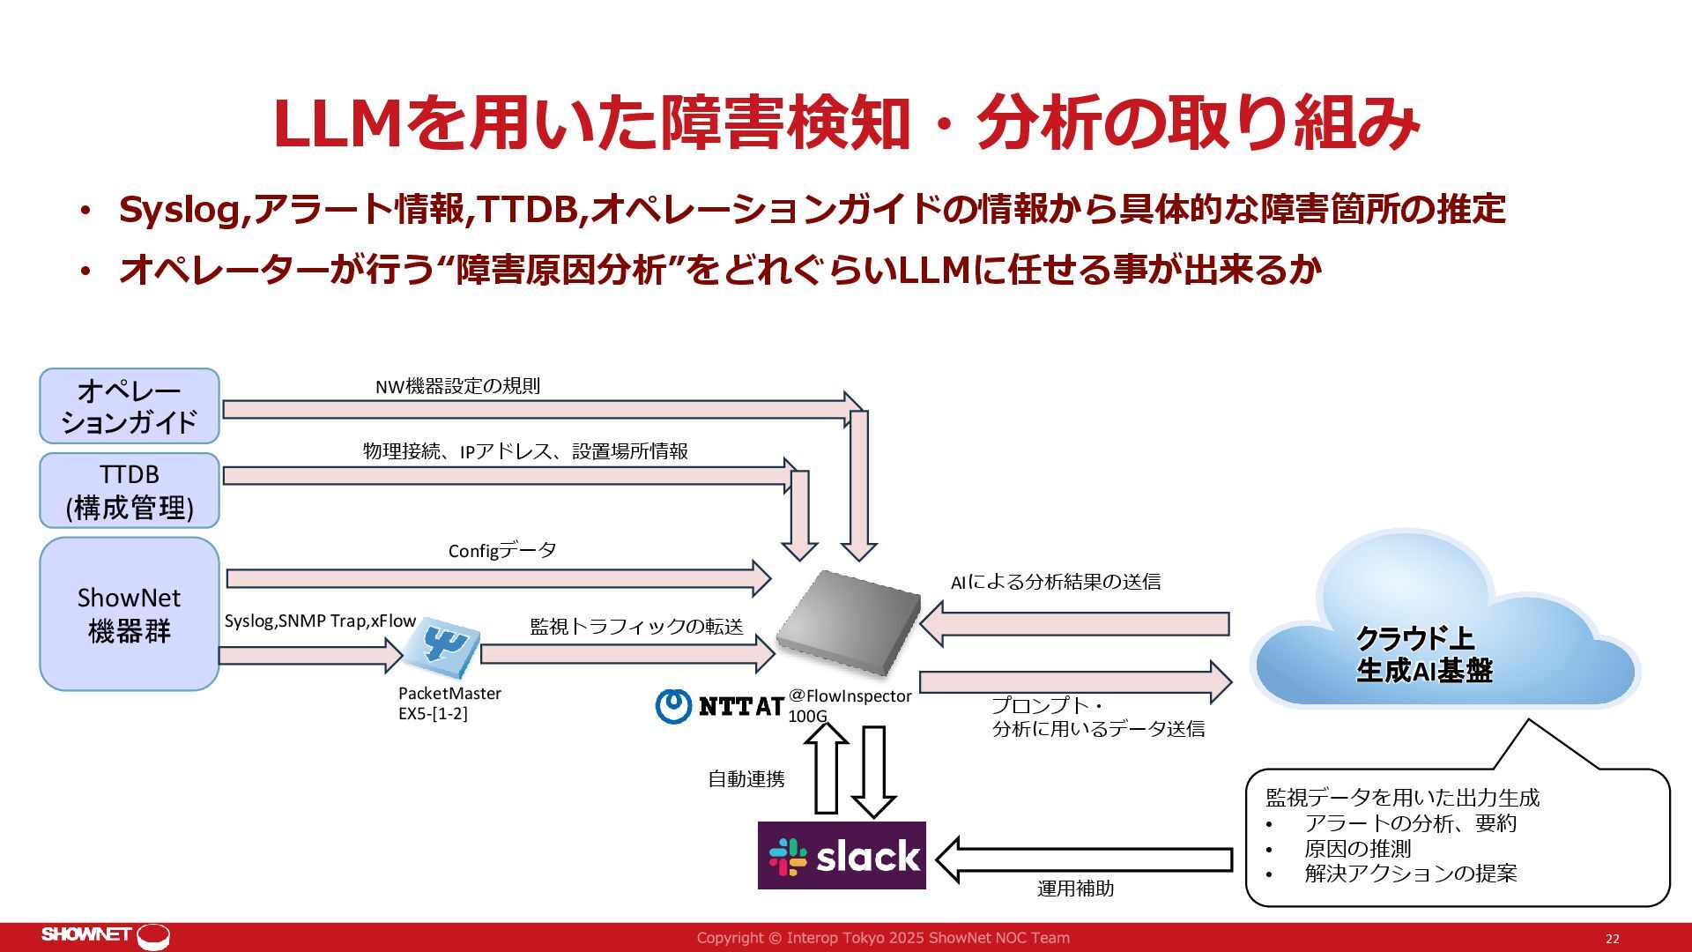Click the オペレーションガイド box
(x=129, y=405)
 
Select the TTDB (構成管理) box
(x=129, y=490)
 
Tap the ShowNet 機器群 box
(x=129, y=614)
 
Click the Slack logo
(x=842, y=855)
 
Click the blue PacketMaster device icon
(x=448, y=643)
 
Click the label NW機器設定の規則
(x=457, y=386)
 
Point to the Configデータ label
(x=502, y=551)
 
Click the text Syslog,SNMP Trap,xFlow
(x=320, y=621)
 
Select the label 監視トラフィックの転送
(x=636, y=626)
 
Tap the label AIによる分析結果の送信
(x=1055, y=582)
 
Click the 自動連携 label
(x=746, y=779)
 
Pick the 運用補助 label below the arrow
(x=1075, y=889)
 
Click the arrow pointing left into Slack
(x=1084, y=859)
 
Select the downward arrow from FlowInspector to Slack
(x=873, y=771)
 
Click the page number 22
(x=1612, y=939)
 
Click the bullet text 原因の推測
(x=1357, y=849)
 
